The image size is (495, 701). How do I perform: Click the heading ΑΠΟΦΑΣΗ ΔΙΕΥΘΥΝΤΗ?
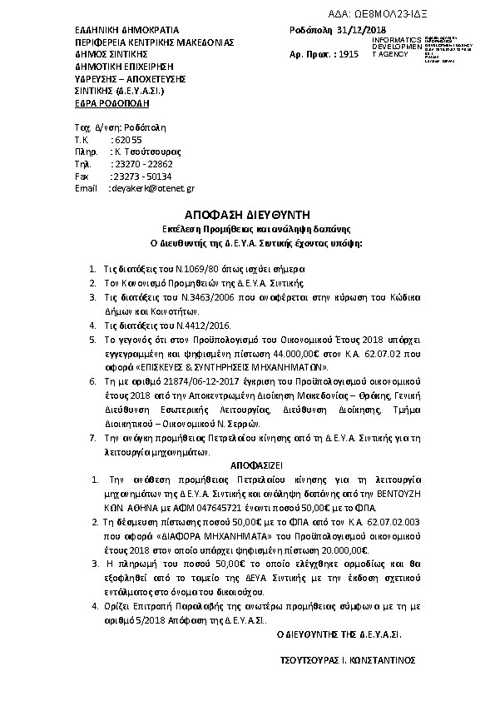point(246,214)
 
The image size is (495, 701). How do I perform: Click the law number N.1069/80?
point(196,269)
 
